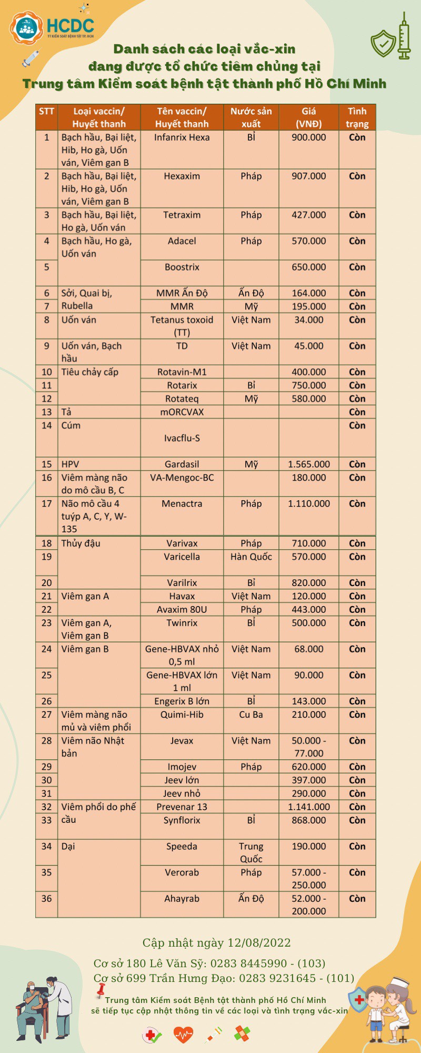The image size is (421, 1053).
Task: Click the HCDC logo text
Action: [70, 26]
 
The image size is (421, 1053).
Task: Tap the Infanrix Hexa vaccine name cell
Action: [182, 137]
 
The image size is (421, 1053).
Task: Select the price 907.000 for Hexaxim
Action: [309, 176]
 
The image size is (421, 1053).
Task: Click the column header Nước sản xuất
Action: [251, 117]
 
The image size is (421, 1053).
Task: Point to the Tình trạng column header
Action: [357, 117]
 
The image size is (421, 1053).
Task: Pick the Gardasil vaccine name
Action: [182, 464]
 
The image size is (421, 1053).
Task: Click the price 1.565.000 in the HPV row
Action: [309, 464]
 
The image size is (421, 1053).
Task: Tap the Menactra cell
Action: [182, 504]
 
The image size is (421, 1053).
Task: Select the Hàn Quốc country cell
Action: [251, 557]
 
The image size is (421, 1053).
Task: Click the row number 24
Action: [46, 649]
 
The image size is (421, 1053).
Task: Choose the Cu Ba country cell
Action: [251, 714]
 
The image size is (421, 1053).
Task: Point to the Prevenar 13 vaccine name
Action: [182, 807]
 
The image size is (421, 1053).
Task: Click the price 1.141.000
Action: [309, 807]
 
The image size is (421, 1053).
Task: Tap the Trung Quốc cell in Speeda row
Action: [251, 852]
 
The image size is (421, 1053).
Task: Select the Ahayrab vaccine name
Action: [182, 899]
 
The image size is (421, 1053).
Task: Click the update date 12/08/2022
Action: [257, 943]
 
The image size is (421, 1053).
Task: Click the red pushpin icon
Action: [99, 992]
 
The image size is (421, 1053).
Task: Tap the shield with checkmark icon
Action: [383, 42]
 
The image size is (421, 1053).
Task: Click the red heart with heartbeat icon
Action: [183, 1035]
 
